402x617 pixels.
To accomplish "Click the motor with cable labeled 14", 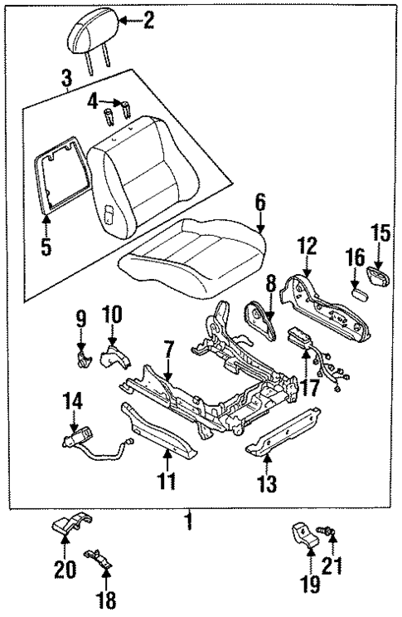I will coord(80,437).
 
